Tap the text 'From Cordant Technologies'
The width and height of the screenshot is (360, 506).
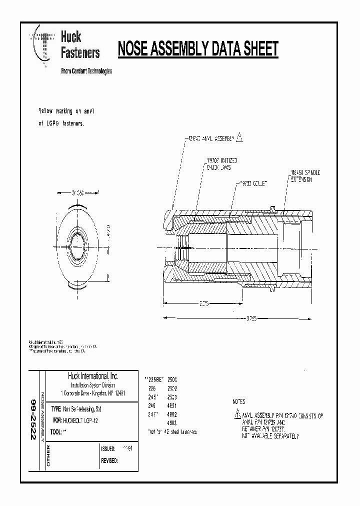[x=86, y=71]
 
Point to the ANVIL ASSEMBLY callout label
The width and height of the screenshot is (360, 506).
[x=209, y=141]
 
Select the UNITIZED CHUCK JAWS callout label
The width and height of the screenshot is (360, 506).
[x=222, y=163]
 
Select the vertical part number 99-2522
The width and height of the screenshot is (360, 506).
[x=34, y=419]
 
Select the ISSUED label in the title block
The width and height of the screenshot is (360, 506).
[x=108, y=449]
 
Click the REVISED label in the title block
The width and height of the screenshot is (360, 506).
[x=109, y=460]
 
